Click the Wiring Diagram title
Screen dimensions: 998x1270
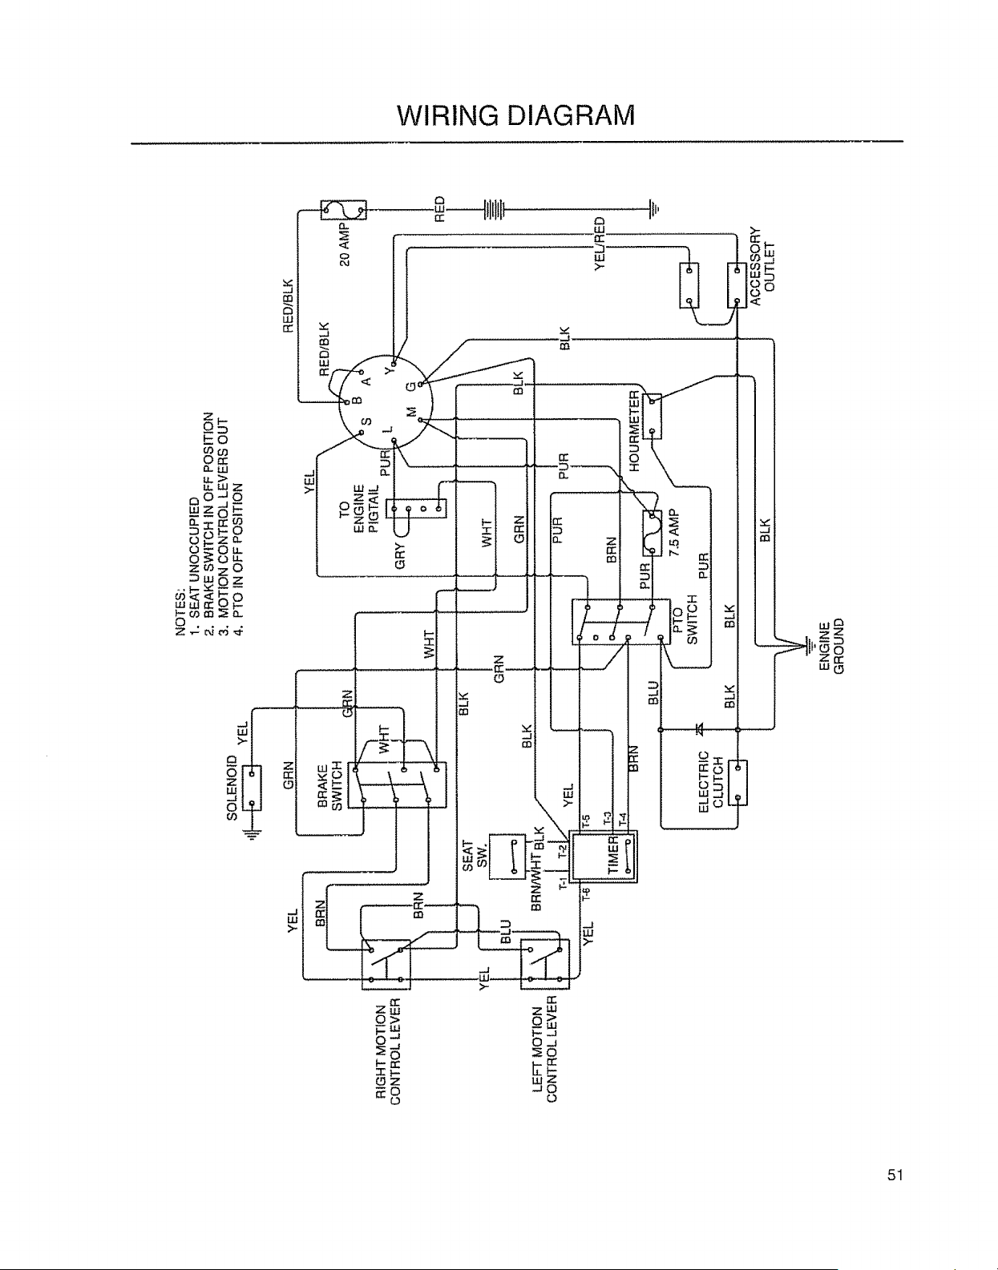515,115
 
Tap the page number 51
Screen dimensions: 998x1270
895,1175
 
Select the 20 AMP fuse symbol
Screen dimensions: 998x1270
344,210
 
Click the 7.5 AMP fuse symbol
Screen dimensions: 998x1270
652,533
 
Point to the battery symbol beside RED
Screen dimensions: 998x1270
494,208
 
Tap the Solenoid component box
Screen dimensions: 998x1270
252,788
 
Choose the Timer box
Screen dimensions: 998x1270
604,857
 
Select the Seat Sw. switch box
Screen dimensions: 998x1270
507,857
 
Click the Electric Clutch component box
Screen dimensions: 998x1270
737,783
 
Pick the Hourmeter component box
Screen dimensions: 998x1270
652,416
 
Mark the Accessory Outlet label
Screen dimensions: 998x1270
762,267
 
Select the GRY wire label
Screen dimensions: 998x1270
400,555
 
